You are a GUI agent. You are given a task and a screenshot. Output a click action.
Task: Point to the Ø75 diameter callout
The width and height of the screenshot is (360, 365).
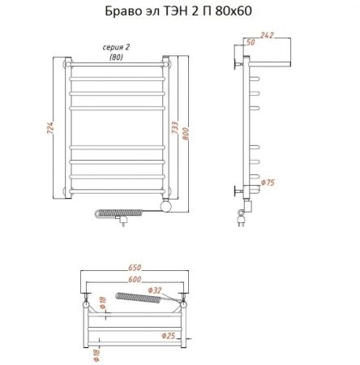pos(269,182)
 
